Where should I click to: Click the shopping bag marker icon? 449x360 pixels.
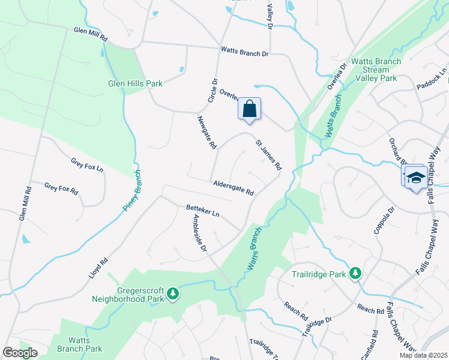[250, 109]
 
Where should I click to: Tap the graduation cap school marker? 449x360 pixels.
[415, 178]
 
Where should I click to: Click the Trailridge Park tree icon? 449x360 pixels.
[355, 274]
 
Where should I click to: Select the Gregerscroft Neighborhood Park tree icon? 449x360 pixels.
[173, 293]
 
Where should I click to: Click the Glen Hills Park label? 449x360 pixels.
[135, 83]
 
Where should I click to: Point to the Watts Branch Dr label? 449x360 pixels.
[244, 52]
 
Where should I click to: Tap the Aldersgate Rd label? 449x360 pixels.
[233, 188]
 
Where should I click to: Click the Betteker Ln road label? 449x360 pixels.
[203, 211]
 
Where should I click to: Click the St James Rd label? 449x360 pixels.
[268, 154]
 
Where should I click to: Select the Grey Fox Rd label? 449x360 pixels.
[61, 188]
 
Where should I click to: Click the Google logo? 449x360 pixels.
[20, 352]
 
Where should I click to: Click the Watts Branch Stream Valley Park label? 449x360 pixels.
[376, 70]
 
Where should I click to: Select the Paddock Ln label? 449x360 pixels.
[432, 80]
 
